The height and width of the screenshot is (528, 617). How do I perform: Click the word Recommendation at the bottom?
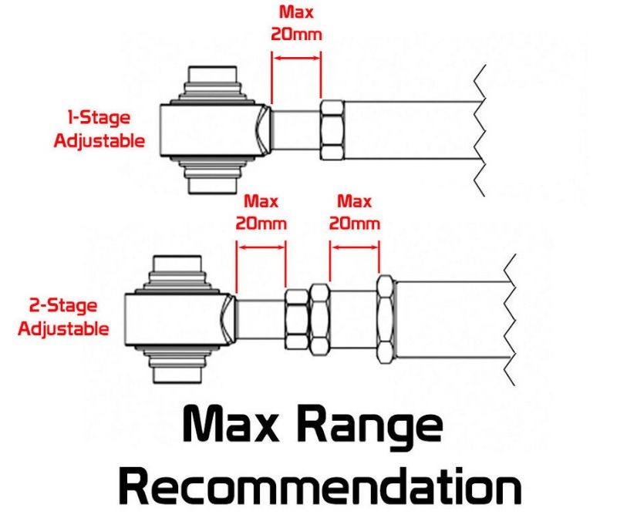[x=320, y=486]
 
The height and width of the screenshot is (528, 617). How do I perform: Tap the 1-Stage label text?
[x=99, y=118]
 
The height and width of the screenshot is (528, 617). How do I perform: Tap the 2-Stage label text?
[x=63, y=306]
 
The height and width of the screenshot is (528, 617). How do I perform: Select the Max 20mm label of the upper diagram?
[x=296, y=23]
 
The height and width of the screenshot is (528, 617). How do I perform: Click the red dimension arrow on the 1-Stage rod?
[x=296, y=58]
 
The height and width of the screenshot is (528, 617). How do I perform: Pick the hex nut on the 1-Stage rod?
[x=332, y=130]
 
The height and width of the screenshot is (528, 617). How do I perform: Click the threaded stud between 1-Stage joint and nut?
[x=295, y=130]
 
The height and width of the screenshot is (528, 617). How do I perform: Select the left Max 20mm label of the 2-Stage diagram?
[x=261, y=213]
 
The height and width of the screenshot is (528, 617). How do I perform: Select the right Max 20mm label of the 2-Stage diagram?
[x=354, y=213]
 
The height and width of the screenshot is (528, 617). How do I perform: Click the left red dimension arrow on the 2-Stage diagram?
[x=261, y=247]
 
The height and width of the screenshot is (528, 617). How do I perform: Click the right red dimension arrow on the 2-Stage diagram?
[x=355, y=247]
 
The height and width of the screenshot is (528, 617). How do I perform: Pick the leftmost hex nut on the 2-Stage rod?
[x=296, y=319]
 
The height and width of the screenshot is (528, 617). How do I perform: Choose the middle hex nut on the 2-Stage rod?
[x=319, y=320]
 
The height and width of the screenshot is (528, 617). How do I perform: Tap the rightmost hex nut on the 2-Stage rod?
[x=386, y=319]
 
